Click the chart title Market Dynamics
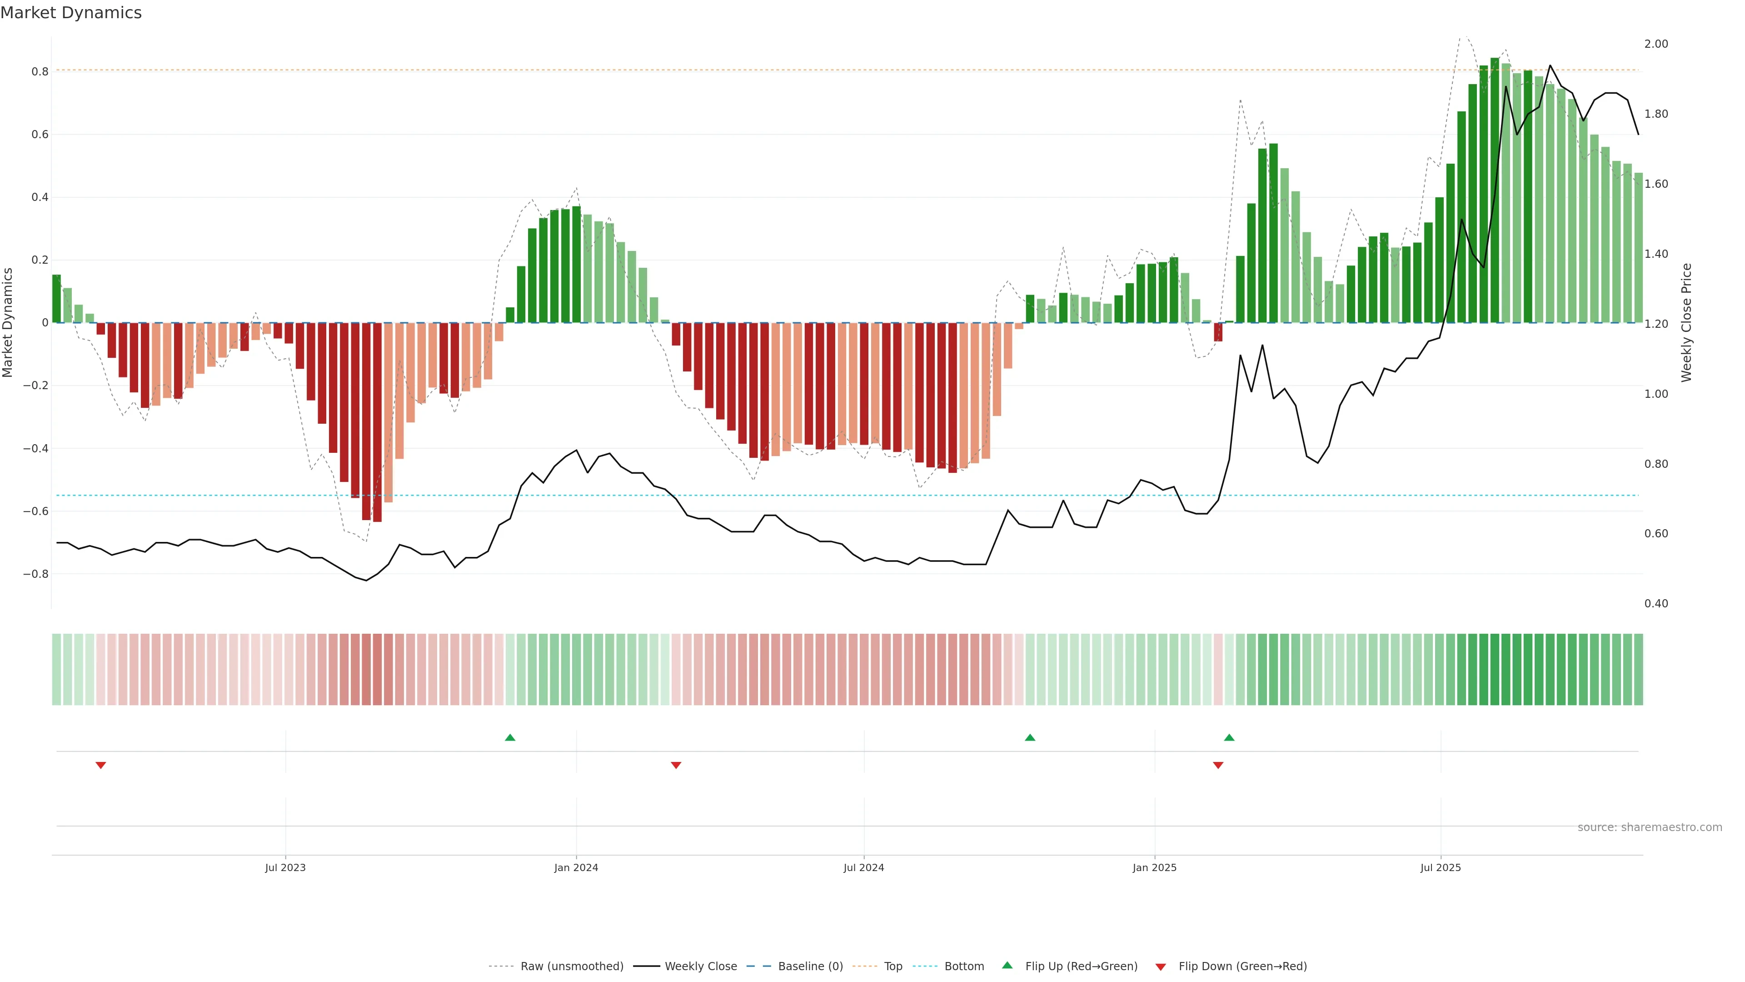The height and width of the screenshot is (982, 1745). pyautogui.click(x=71, y=13)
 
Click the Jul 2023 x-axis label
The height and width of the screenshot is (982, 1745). pyautogui.click(x=285, y=867)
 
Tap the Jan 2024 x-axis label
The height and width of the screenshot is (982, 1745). pyautogui.click(x=576, y=867)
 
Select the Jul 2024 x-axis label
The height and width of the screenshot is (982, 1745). pyautogui.click(x=864, y=867)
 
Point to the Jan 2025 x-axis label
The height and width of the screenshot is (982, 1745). pyautogui.click(x=1154, y=867)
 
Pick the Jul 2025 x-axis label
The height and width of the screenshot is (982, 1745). pyautogui.click(x=1441, y=867)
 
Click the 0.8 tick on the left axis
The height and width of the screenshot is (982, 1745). pyautogui.click(x=40, y=72)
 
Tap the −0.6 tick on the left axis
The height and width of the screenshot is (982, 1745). pyautogui.click(x=36, y=511)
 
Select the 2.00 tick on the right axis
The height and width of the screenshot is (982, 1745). pyautogui.click(x=1656, y=44)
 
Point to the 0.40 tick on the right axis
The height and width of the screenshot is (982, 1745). pyautogui.click(x=1656, y=603)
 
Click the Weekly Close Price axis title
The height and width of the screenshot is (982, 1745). pyautogui.click(x=1687, y=323)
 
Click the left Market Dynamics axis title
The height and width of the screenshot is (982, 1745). pyautogui.click(x=8, y=323)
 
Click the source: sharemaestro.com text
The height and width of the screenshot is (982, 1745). pyautogui.click(x=1650, y=827)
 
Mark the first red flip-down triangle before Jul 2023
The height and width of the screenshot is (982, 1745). pyautogui.click(x=101, y=765)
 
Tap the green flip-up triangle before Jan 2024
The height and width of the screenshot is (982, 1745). pyautogui.click(x=510, y=737)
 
